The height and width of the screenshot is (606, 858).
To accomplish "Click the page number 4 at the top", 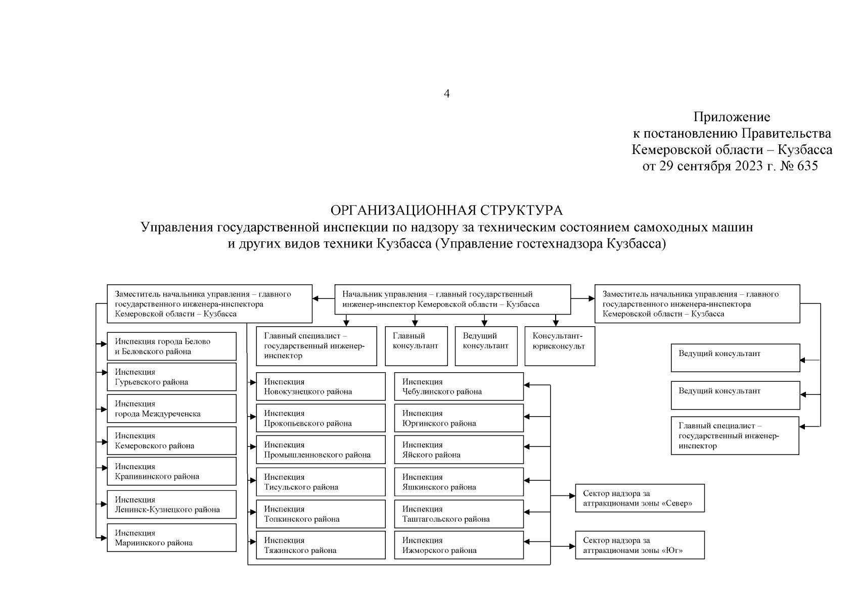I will pyautogui.click(x=446, y=94).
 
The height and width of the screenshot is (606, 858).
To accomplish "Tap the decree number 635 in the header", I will pyautogui.click(x=807, y=166).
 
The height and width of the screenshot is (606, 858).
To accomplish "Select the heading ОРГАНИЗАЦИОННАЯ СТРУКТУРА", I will pyautogui.click(x=446, y=210).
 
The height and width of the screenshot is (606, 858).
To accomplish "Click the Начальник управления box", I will pyautogui.click(x=453, y=299).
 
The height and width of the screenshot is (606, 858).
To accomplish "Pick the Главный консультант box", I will pyautogui.click(x=416, y=346).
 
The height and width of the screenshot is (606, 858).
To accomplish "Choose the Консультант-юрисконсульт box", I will pyautogui.click(x=560, y=346).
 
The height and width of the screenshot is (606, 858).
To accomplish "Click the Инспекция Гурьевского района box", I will pyautogui.click(x=171, y=377).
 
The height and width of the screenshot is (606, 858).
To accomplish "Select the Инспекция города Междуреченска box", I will pyautogui.click(x=171, y=409).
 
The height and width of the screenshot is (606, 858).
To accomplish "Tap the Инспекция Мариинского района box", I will pyautogui.click(x=171, y=538).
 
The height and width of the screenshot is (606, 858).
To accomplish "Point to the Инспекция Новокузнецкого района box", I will pyautogui.click(x=321, y=387).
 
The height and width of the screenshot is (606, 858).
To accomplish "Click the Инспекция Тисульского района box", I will pyautogui.click(x=321, y=482).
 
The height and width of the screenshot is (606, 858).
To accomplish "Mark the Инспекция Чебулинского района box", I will pyautogui.click(x=459, y=387).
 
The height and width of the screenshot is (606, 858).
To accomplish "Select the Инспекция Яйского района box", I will pyautogui.click(x=459, y=450).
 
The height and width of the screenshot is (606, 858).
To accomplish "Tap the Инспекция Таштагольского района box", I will pyautogui.click(x=459, y=514).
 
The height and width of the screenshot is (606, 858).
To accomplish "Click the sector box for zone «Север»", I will pyautogui.click(x=640, y=498).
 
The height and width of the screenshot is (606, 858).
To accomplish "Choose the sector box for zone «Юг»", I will pyautogui.click(x=640, y=545).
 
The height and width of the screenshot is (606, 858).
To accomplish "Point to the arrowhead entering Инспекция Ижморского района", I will pyautogui.click(x=527, y=546).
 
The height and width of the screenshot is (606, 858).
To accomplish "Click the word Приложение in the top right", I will pyautogui.click(x=732, y=117).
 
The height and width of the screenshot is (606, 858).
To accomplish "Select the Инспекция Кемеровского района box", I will pyautogui.click(x=171, y=441).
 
